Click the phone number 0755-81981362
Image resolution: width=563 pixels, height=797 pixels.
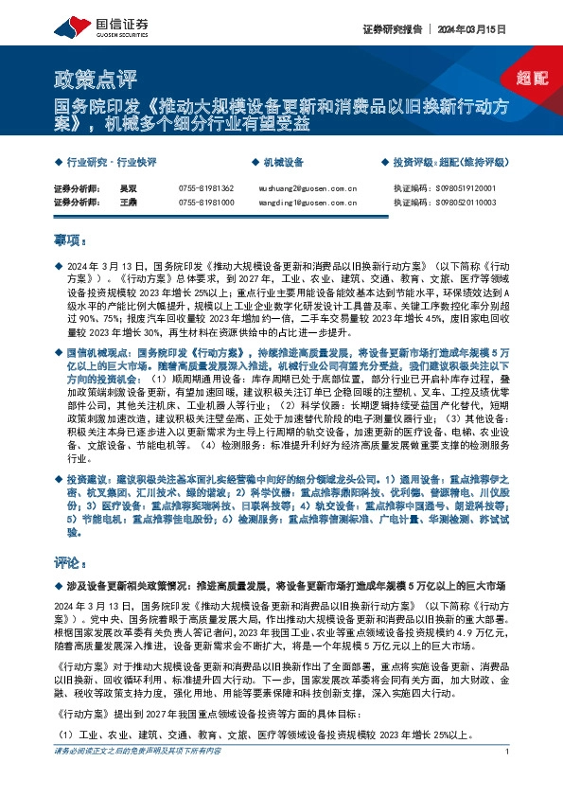pyautogui.click(x=205, y=188)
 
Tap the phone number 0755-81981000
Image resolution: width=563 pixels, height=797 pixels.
pyautogui.click(x=205, y=203)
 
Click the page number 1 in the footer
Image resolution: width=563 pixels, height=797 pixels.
pyautogui.click(x=508, y=778)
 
